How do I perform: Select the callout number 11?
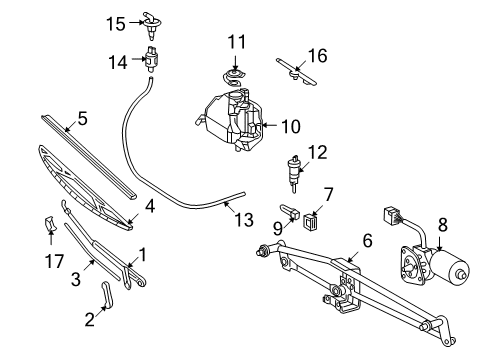(x=236, y=42)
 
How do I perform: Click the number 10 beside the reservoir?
(x=290, y=126)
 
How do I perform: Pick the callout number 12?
(x=317, y=152)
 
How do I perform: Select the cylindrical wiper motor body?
(x=455, y=273)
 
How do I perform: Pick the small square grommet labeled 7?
(x=311, y=221)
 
